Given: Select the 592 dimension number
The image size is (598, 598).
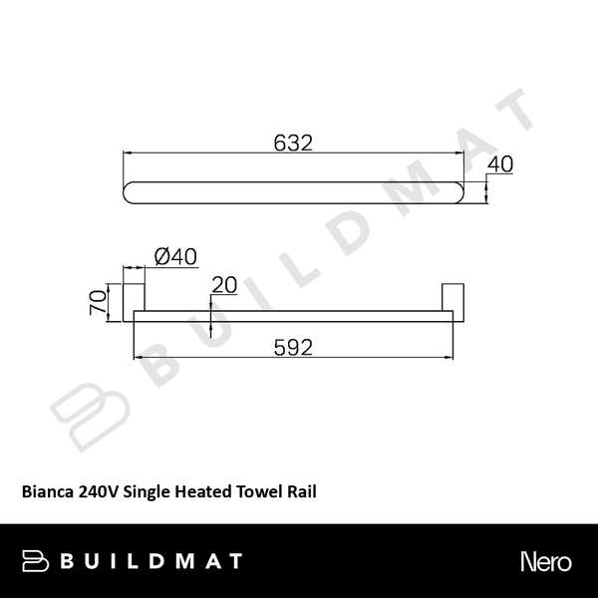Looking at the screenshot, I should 293,348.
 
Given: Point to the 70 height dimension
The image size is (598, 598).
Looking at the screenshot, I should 97,302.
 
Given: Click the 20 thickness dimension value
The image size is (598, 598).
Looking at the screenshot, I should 223,285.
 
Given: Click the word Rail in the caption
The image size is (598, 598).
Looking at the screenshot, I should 302,491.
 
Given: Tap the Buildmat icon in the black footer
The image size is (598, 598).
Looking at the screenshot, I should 37,561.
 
